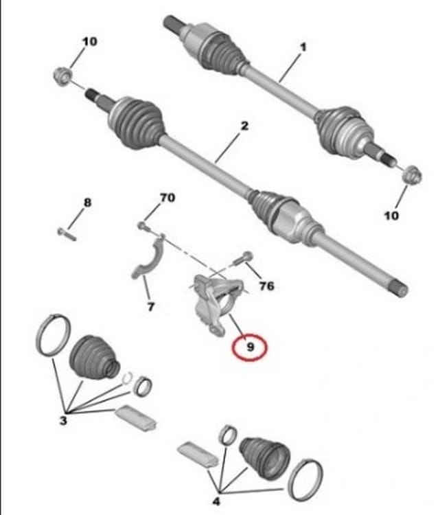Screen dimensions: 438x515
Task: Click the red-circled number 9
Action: point(250,347)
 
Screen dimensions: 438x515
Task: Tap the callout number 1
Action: point(303,47)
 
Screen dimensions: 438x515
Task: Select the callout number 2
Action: point(244,126)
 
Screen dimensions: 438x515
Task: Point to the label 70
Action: point(168,198)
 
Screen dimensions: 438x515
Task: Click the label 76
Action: point(266,286)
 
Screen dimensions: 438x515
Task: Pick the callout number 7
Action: point(151,307)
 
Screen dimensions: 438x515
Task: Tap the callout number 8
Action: point(87,203)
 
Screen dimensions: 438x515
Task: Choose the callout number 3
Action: point(63,420)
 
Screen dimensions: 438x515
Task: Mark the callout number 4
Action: point(216,501)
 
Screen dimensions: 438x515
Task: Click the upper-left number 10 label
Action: point(90,41)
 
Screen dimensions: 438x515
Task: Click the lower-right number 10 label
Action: point(391,216)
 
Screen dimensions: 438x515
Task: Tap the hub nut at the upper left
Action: point(62,75)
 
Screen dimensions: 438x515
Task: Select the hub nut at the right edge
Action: point(412,176)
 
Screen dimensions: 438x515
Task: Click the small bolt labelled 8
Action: point(67,234)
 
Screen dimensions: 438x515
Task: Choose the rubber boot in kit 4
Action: point(265,458)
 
